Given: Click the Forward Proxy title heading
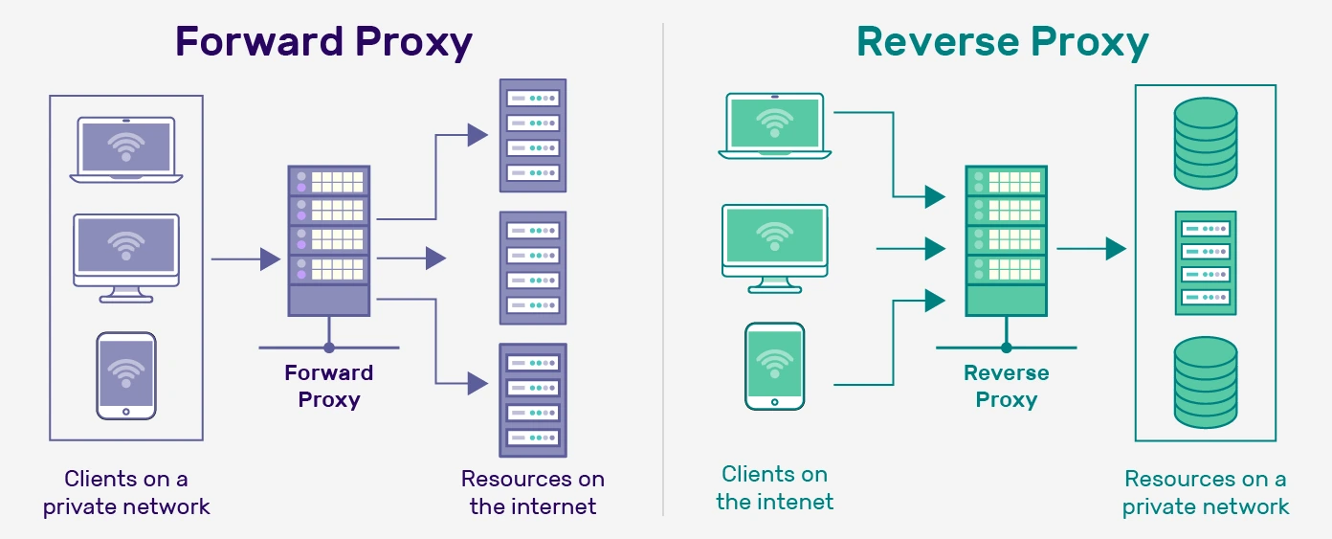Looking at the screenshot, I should tap(323, 43).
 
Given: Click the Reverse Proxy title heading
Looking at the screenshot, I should tap(1002, 43).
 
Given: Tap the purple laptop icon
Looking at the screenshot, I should tap(126, 150).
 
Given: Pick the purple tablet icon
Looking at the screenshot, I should tap(125, 374).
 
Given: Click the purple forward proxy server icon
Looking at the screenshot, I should tap(328, 240).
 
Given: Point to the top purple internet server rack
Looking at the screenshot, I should tap(533, 136).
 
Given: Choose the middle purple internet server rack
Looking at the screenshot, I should tap(533, 268).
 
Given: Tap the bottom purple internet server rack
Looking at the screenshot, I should tap(533, 399).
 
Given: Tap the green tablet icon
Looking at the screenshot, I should tap(775, 366).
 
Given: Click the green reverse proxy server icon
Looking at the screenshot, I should tap(1006, 240).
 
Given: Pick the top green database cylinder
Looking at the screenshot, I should tap(1206, 143).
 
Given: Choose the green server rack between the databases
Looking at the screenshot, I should tap(1206, 263).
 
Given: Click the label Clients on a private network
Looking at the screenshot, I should tap(126, 492).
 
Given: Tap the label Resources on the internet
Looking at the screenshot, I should tap(533, 492).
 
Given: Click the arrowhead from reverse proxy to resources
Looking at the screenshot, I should tap(1116, 249).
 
